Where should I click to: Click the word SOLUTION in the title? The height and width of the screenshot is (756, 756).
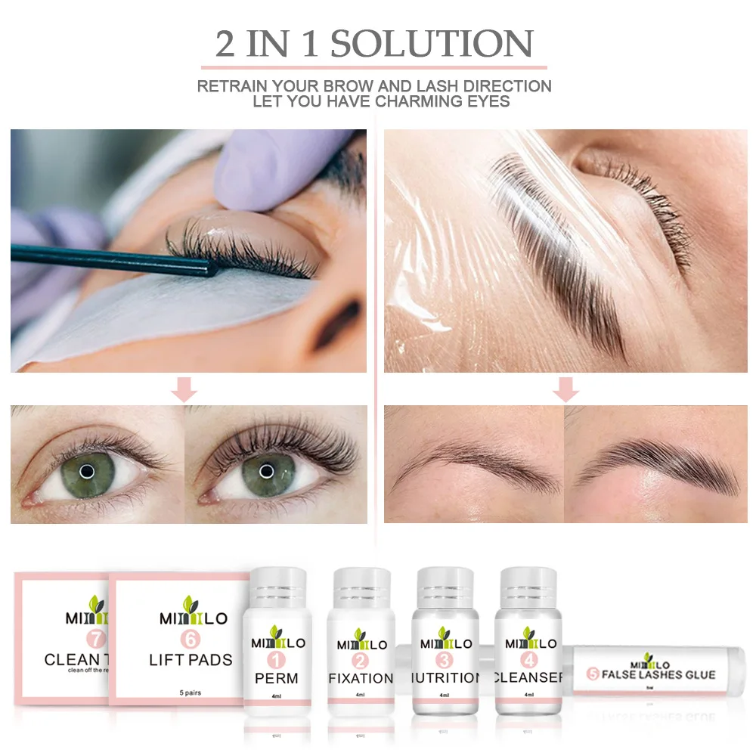point(432,44)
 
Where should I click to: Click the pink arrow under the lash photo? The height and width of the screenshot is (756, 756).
point(184,390)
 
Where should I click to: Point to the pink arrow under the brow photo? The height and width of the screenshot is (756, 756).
point(565,390)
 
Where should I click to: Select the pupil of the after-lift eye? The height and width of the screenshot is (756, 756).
point(265,469)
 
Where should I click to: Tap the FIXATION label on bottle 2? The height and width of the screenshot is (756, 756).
point(361,677)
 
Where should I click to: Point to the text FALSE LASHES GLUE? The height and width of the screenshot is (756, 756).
point(655,674)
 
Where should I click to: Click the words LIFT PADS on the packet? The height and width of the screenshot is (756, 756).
point(192,660)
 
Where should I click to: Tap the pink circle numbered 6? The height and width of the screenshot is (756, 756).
point(192,639)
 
